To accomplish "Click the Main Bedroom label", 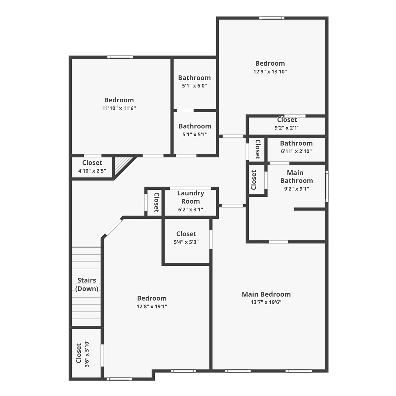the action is coord(266,294).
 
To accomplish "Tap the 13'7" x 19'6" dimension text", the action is coord(266,302).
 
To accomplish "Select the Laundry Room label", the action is coord(190,197).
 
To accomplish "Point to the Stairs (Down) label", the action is coord(87,284).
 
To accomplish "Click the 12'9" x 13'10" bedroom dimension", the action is coord(270,72).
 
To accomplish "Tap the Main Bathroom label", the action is coord(297,177).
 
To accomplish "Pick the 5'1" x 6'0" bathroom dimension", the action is coord(194,86).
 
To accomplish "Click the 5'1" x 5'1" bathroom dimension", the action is coord(195,134).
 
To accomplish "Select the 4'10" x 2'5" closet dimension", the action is coord(92,171).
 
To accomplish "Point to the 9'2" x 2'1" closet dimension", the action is coord(287,128).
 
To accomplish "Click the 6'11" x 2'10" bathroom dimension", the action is coord(296,151).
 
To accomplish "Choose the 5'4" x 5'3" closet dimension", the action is coord(186,242).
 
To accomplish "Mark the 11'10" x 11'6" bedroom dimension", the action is coord(119,108).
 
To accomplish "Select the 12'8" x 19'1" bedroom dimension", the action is coord(152,306).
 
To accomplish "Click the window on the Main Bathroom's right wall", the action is coord(327,186).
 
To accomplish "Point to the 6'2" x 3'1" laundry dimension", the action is coord(190,210).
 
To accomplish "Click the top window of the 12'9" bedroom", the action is coord(272,18).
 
